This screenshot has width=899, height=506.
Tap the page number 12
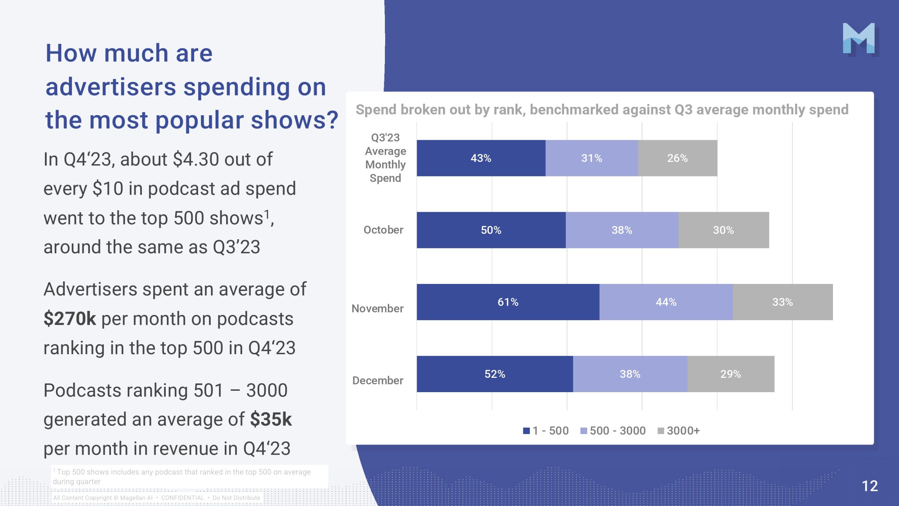pyautogui.click(x=870, y=486)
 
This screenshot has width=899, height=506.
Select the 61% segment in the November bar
pyautogui.click(x=508, y=302)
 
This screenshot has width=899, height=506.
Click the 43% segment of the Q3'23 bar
pyautogui.click(x=481, y=158)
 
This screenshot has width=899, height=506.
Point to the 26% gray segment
pyautogui.click(x=677, y=158)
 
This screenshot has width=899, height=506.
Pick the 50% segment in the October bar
pyautogui.click(x=491, y=230)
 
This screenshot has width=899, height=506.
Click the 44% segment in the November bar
pyautogui.click(x=666, y=302)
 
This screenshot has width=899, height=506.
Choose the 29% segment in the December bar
pyautogui.click(x=730, y=374)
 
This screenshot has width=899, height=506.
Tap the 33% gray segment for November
pyautogui.click(x=782, y=302)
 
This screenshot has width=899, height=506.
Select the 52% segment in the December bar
pyautogui.click(x=495, y=374)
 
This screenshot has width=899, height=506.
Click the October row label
pyautogui.click(x=383, y=230)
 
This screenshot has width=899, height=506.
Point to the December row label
pyautogui.click(x=378, y=381)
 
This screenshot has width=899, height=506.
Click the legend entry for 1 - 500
pyautogui.click(x=546, y=430)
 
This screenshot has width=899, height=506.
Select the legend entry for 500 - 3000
pyautogui.click(x=613, y=430)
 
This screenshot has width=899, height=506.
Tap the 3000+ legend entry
pyautogui.click(x=679, y=430)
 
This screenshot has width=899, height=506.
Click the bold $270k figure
pyautogui.click(x=70, y=319)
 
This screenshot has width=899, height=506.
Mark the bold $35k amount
pyautogui.click(x=271, y=419)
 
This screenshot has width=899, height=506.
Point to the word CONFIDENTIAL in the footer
pyautogui.click(x=182, y=498)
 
